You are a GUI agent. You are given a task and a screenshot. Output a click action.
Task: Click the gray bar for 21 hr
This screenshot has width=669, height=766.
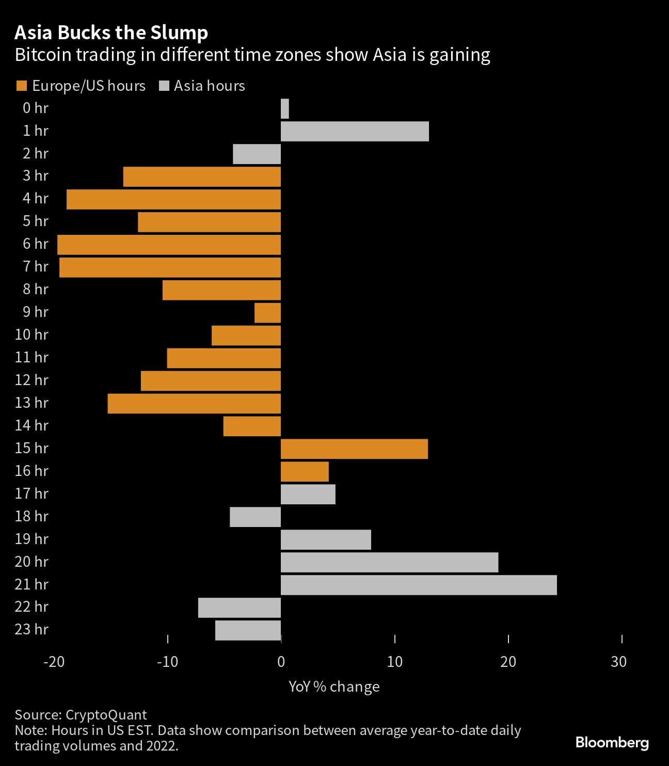pos(419,585)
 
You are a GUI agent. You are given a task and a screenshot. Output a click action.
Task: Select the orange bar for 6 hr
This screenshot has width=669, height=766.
pos(169,245)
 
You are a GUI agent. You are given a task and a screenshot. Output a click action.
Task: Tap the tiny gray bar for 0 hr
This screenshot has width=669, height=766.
pos(284,108)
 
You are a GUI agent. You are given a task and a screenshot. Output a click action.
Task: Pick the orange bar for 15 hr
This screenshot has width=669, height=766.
pos(354,449)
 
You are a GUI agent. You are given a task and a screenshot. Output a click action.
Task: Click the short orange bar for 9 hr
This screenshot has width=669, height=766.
pos(267,313)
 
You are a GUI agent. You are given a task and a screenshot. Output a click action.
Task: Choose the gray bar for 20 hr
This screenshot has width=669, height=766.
pos(389,563)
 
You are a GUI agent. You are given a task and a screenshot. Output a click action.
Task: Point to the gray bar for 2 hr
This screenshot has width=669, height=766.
pos(257,154)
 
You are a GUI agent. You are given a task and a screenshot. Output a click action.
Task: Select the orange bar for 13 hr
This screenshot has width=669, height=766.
pos(194,404)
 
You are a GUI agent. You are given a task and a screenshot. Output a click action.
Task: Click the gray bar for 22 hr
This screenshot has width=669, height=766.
pos(240,608)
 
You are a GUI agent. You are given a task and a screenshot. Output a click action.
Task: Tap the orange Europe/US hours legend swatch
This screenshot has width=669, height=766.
pos(22,86)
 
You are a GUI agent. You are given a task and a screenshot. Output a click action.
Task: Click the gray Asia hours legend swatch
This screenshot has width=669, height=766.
pos(164,86)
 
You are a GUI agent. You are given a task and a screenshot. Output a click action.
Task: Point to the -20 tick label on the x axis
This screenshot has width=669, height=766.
pos(54,662)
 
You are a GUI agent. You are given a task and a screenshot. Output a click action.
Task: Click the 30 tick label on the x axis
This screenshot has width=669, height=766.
pos(618,662)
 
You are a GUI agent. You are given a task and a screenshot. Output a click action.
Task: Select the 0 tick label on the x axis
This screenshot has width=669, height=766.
pos(281,662)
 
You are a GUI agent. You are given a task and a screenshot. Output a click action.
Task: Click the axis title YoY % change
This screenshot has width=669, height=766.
pos(334,687)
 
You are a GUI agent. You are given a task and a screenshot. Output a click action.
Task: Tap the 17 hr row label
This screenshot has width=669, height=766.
pos(31,493)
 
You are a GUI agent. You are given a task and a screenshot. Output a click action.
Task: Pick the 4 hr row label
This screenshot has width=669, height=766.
pos(35,198)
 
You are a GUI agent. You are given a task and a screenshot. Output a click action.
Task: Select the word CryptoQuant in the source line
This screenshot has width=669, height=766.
pos(106,714)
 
